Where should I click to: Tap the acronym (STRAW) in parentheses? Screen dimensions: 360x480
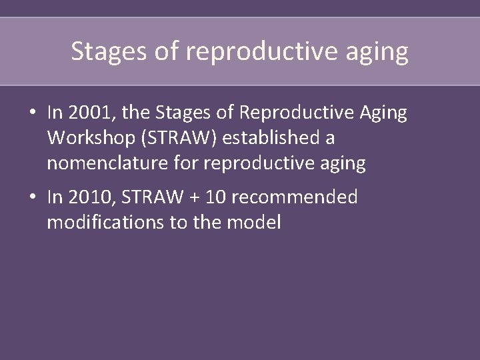pyautogui.click(x=173, y=139)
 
